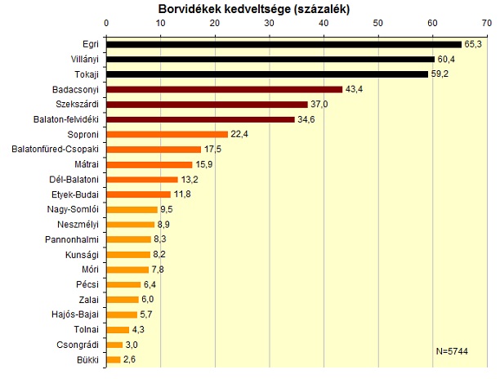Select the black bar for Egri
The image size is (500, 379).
coord(283,44)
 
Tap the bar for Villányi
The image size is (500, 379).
coord(270,59)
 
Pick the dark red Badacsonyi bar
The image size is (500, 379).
coord(224,89)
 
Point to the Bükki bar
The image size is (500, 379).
coord(114,359)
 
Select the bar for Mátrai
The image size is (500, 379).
coord(150,164)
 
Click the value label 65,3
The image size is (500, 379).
coord(474,44)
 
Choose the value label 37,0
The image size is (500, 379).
coord(320,105)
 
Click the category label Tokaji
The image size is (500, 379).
coord(85,74)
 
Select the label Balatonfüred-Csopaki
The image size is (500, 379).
coord(56,149)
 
